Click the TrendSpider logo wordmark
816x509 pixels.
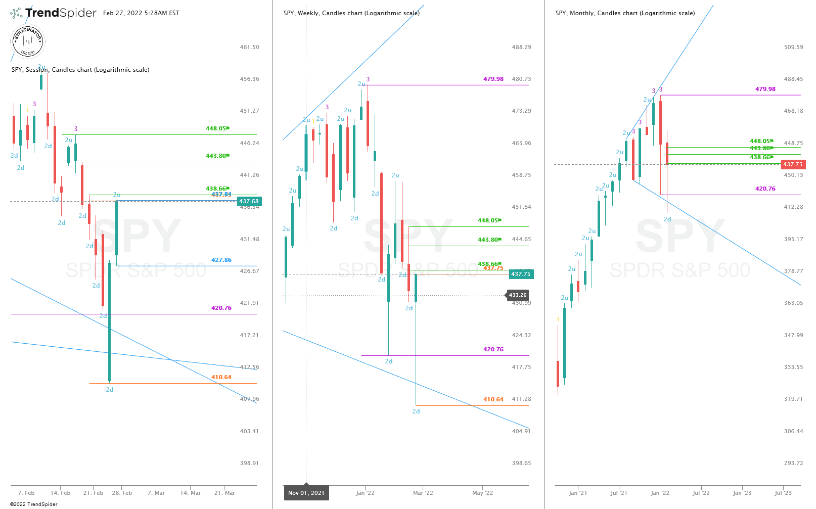pos(61,13)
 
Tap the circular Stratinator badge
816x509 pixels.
pos(28,41)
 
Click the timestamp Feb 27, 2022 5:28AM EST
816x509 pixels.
pos(141,13)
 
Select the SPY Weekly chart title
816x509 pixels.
pos(351,13)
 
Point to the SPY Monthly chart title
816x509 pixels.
pos(625,13)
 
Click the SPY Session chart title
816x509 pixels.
pos(80,70)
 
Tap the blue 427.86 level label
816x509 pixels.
pos(221,260)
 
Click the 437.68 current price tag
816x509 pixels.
pos(249,201)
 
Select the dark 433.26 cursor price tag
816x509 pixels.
pos(517,295)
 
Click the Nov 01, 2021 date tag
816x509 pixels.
pos(306,493)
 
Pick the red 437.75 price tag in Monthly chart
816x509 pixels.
pos(792,164)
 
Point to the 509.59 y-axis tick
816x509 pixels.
pos(793,47)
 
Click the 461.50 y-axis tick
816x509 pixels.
pos(249,47)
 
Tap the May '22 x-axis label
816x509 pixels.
pos(482,493)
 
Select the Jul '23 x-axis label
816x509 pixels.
pos(783,493)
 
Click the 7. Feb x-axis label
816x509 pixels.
pos(26,493)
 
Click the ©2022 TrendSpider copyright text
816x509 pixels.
pos(34,504)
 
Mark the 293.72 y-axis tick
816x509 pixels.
pos(793,463)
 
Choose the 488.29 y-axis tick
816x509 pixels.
pos(521,47)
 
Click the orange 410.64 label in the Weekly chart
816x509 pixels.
pos(493,399)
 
